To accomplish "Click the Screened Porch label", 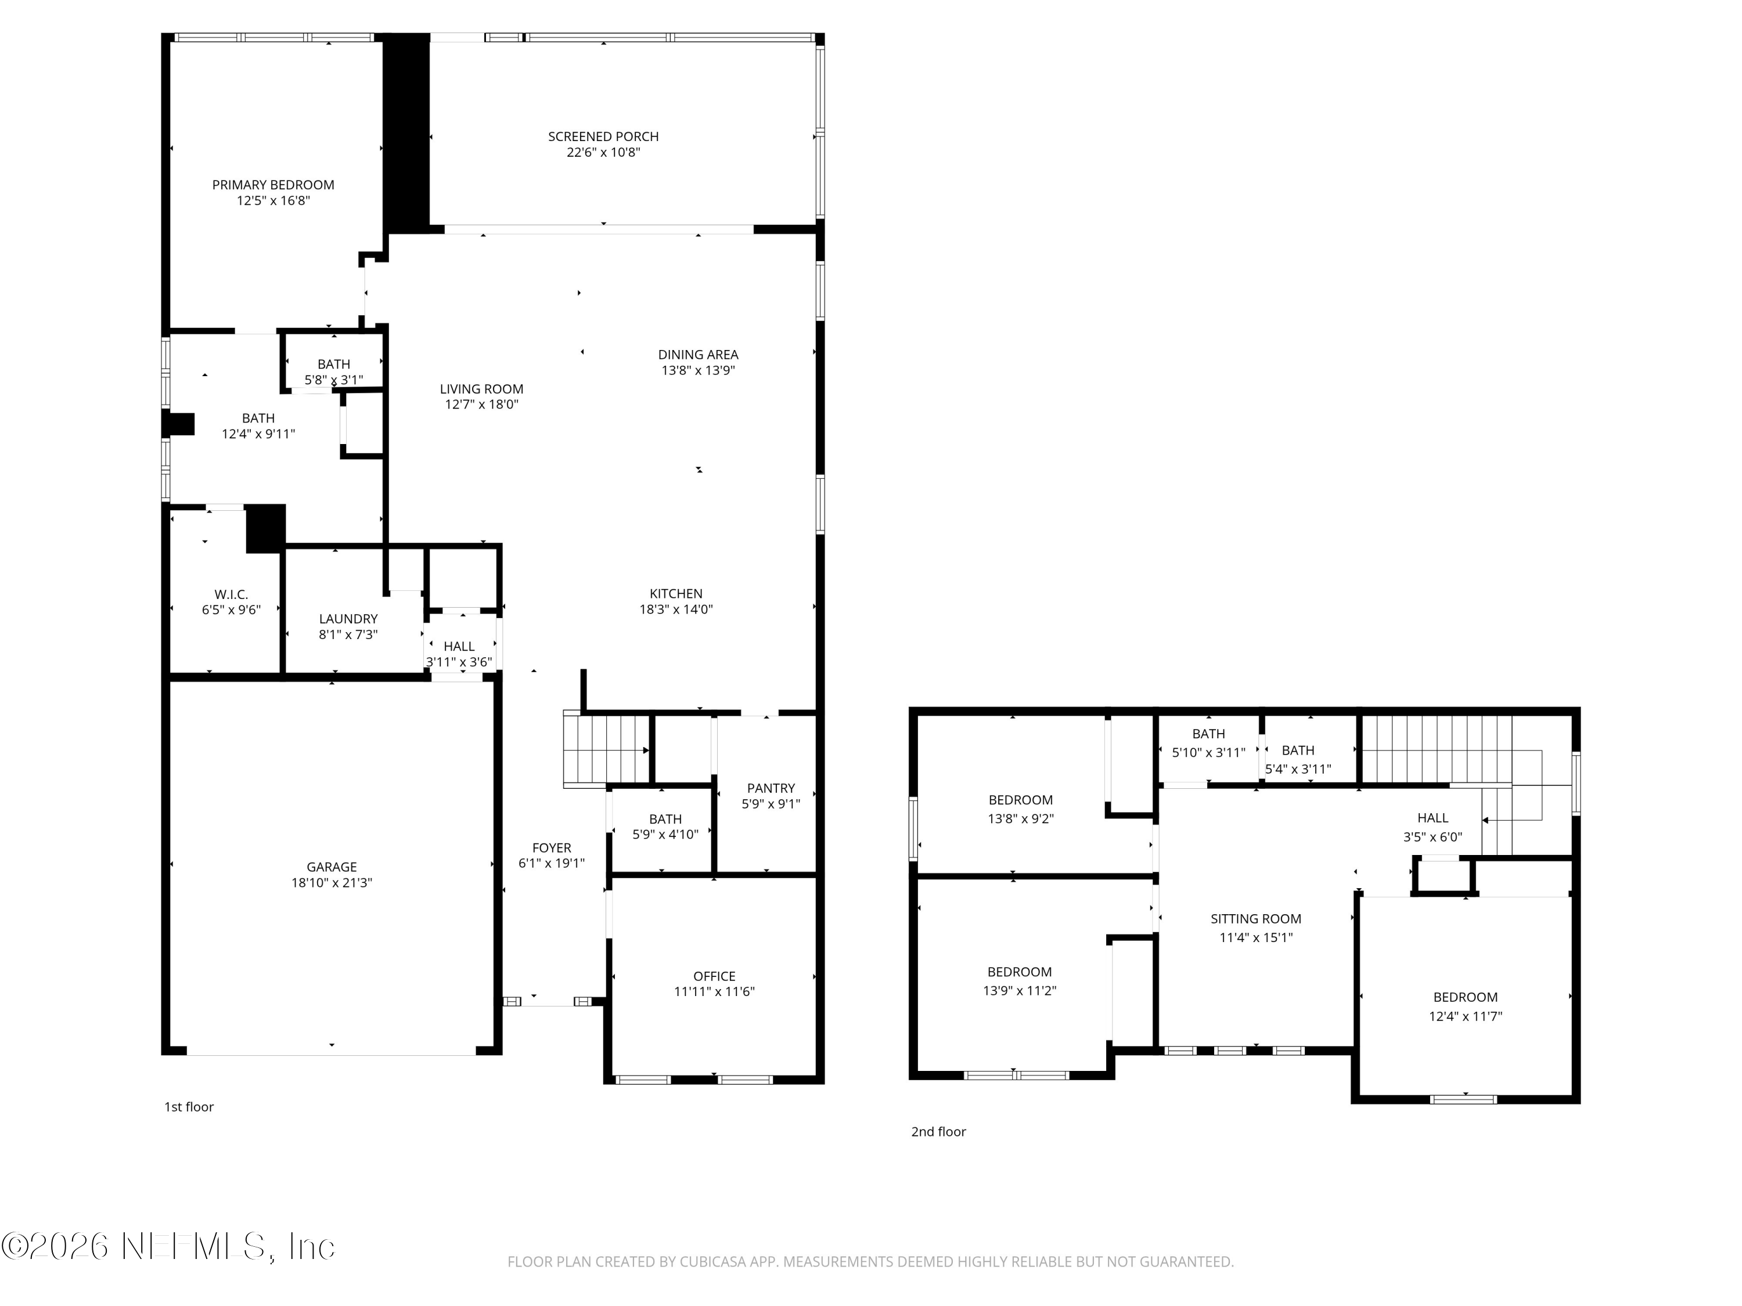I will [603, 136].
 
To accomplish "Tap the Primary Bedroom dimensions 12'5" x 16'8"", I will [273, 201].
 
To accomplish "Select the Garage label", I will [332, 867].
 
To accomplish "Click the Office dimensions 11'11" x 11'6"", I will [714, 992].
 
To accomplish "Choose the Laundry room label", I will [348, 619].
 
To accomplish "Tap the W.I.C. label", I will [231, 594].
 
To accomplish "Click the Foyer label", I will [551, 848].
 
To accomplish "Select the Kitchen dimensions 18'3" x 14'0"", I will [676, 609].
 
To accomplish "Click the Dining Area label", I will [698, 354].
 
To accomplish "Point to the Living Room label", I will [481, 389].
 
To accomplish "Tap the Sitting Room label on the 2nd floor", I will [1255, 919].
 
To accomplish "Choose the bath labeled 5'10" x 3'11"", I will [1208, 743].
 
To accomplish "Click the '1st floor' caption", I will [189, 1107].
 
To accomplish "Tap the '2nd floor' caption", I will [938, 1131].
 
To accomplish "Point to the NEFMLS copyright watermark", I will [168, 1246].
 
